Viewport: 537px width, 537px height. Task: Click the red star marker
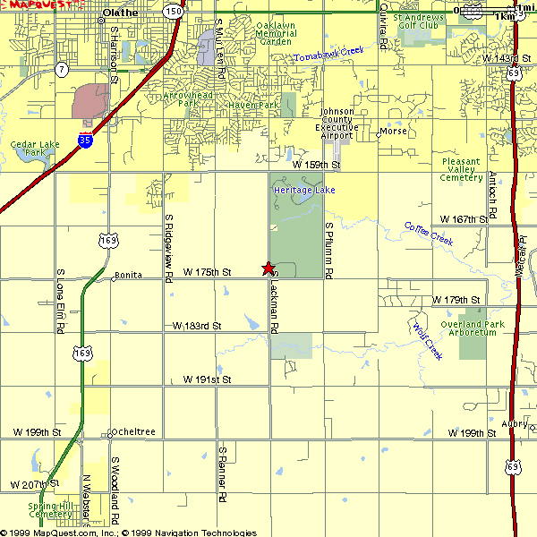pyautogui.click(x=268, y=268)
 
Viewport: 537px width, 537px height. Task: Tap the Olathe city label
pyautogui.click(x=121, y=13)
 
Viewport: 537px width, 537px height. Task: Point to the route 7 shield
pyautogui.click(x=61, y=69)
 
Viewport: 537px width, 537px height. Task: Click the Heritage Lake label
pyautogui.click(x=304, y=191)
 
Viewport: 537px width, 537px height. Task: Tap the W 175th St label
pyautogui.click(x=207, y=271)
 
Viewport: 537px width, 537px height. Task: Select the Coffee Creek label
pyautogui.click(x=429, y=234)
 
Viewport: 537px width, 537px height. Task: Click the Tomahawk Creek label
pyautogui.click(x=329, y=55)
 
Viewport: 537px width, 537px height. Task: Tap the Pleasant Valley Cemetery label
pyautogui.click(x=462, y=169)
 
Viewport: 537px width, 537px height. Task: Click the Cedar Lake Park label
pyautogui.click(x=29, y=148)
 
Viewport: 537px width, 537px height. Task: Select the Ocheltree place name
pyautogui.click(x=134, y=432)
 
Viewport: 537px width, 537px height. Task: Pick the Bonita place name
pyautogui.click(x=128, y=275)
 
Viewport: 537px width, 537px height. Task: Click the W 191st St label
pyautogui.click(x=207, y=379)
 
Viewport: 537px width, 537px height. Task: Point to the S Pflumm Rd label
pyautogui.click(x=329, y=249)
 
